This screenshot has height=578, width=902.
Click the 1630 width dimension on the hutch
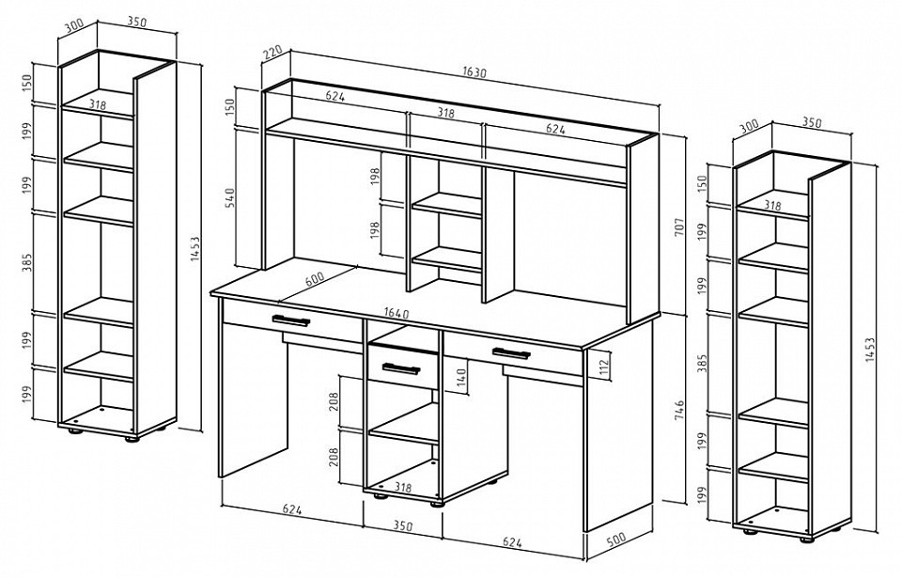pyautogui.click(x=474, y=72)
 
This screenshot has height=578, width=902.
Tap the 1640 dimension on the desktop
pyautogui.click(x=397, y=314)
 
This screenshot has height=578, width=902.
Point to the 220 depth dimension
pyautogui.click(x=272, y=53)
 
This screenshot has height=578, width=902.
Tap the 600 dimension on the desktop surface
pyautogui.click(x=315, y=279)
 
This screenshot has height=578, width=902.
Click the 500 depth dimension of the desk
pyautogui.click(x=615, y=540)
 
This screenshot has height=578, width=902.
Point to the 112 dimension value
pyautogui.click(x=603, y=366)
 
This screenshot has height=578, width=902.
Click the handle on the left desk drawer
pyautogui.click(x=290, y=320)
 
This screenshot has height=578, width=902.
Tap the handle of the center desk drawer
pyautogui.click(x=401, y=368)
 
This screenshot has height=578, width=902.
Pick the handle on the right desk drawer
pyautogui.click(x=511, y=352)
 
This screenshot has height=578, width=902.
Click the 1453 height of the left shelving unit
pyautogui.click(x=195, y=249)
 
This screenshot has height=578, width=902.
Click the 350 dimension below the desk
pyautogui.click(x=403, y=525)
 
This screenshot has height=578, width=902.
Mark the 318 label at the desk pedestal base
pyautogui.click(x=403, y=488)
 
